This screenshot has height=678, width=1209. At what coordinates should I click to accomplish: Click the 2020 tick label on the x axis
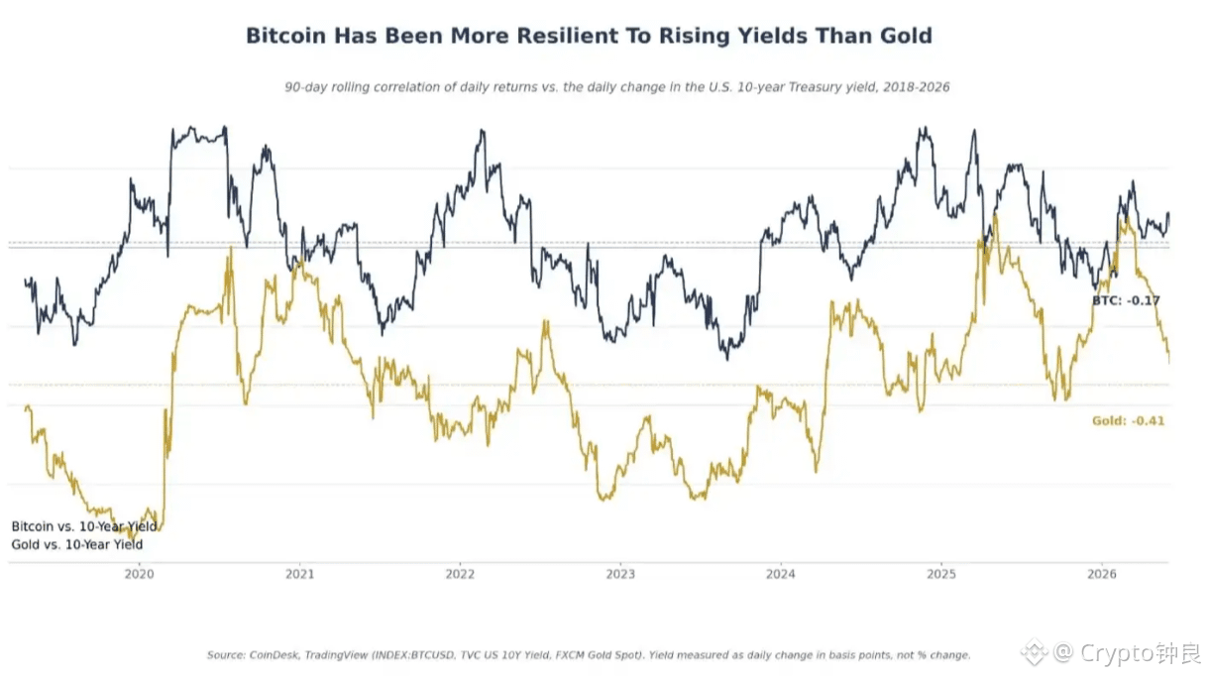pos(140,574)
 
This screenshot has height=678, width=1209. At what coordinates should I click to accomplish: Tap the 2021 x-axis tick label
pos(299,574)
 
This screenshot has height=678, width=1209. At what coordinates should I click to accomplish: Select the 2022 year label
pos(460,574)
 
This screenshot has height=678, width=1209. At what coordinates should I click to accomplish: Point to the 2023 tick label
pos(620,574)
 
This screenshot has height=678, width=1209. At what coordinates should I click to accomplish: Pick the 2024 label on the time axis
pos(781,574)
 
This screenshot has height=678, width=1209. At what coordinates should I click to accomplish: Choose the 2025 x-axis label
pos(941,574)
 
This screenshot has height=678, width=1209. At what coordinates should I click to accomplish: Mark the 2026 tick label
pos(1102,574)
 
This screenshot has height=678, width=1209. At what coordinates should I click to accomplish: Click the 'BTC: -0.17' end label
pos(1126,300)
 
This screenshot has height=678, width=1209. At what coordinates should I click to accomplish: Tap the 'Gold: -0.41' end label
pos(1128,421)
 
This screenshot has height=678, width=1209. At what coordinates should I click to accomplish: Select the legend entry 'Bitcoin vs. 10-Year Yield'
pos(84,526)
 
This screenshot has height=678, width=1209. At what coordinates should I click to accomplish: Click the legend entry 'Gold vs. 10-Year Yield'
pos(77,544)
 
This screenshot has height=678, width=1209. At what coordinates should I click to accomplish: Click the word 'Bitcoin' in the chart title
pos(286,36)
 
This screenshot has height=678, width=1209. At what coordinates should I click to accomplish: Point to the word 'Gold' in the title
pos(906,36)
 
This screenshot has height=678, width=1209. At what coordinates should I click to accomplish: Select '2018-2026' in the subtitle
pos(916,87)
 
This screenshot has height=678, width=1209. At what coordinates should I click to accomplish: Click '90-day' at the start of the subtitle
pos(305,87)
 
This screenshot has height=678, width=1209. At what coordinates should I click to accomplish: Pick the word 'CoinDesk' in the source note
pos(274,655)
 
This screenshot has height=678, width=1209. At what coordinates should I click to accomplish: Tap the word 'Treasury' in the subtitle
pos(815,87)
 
